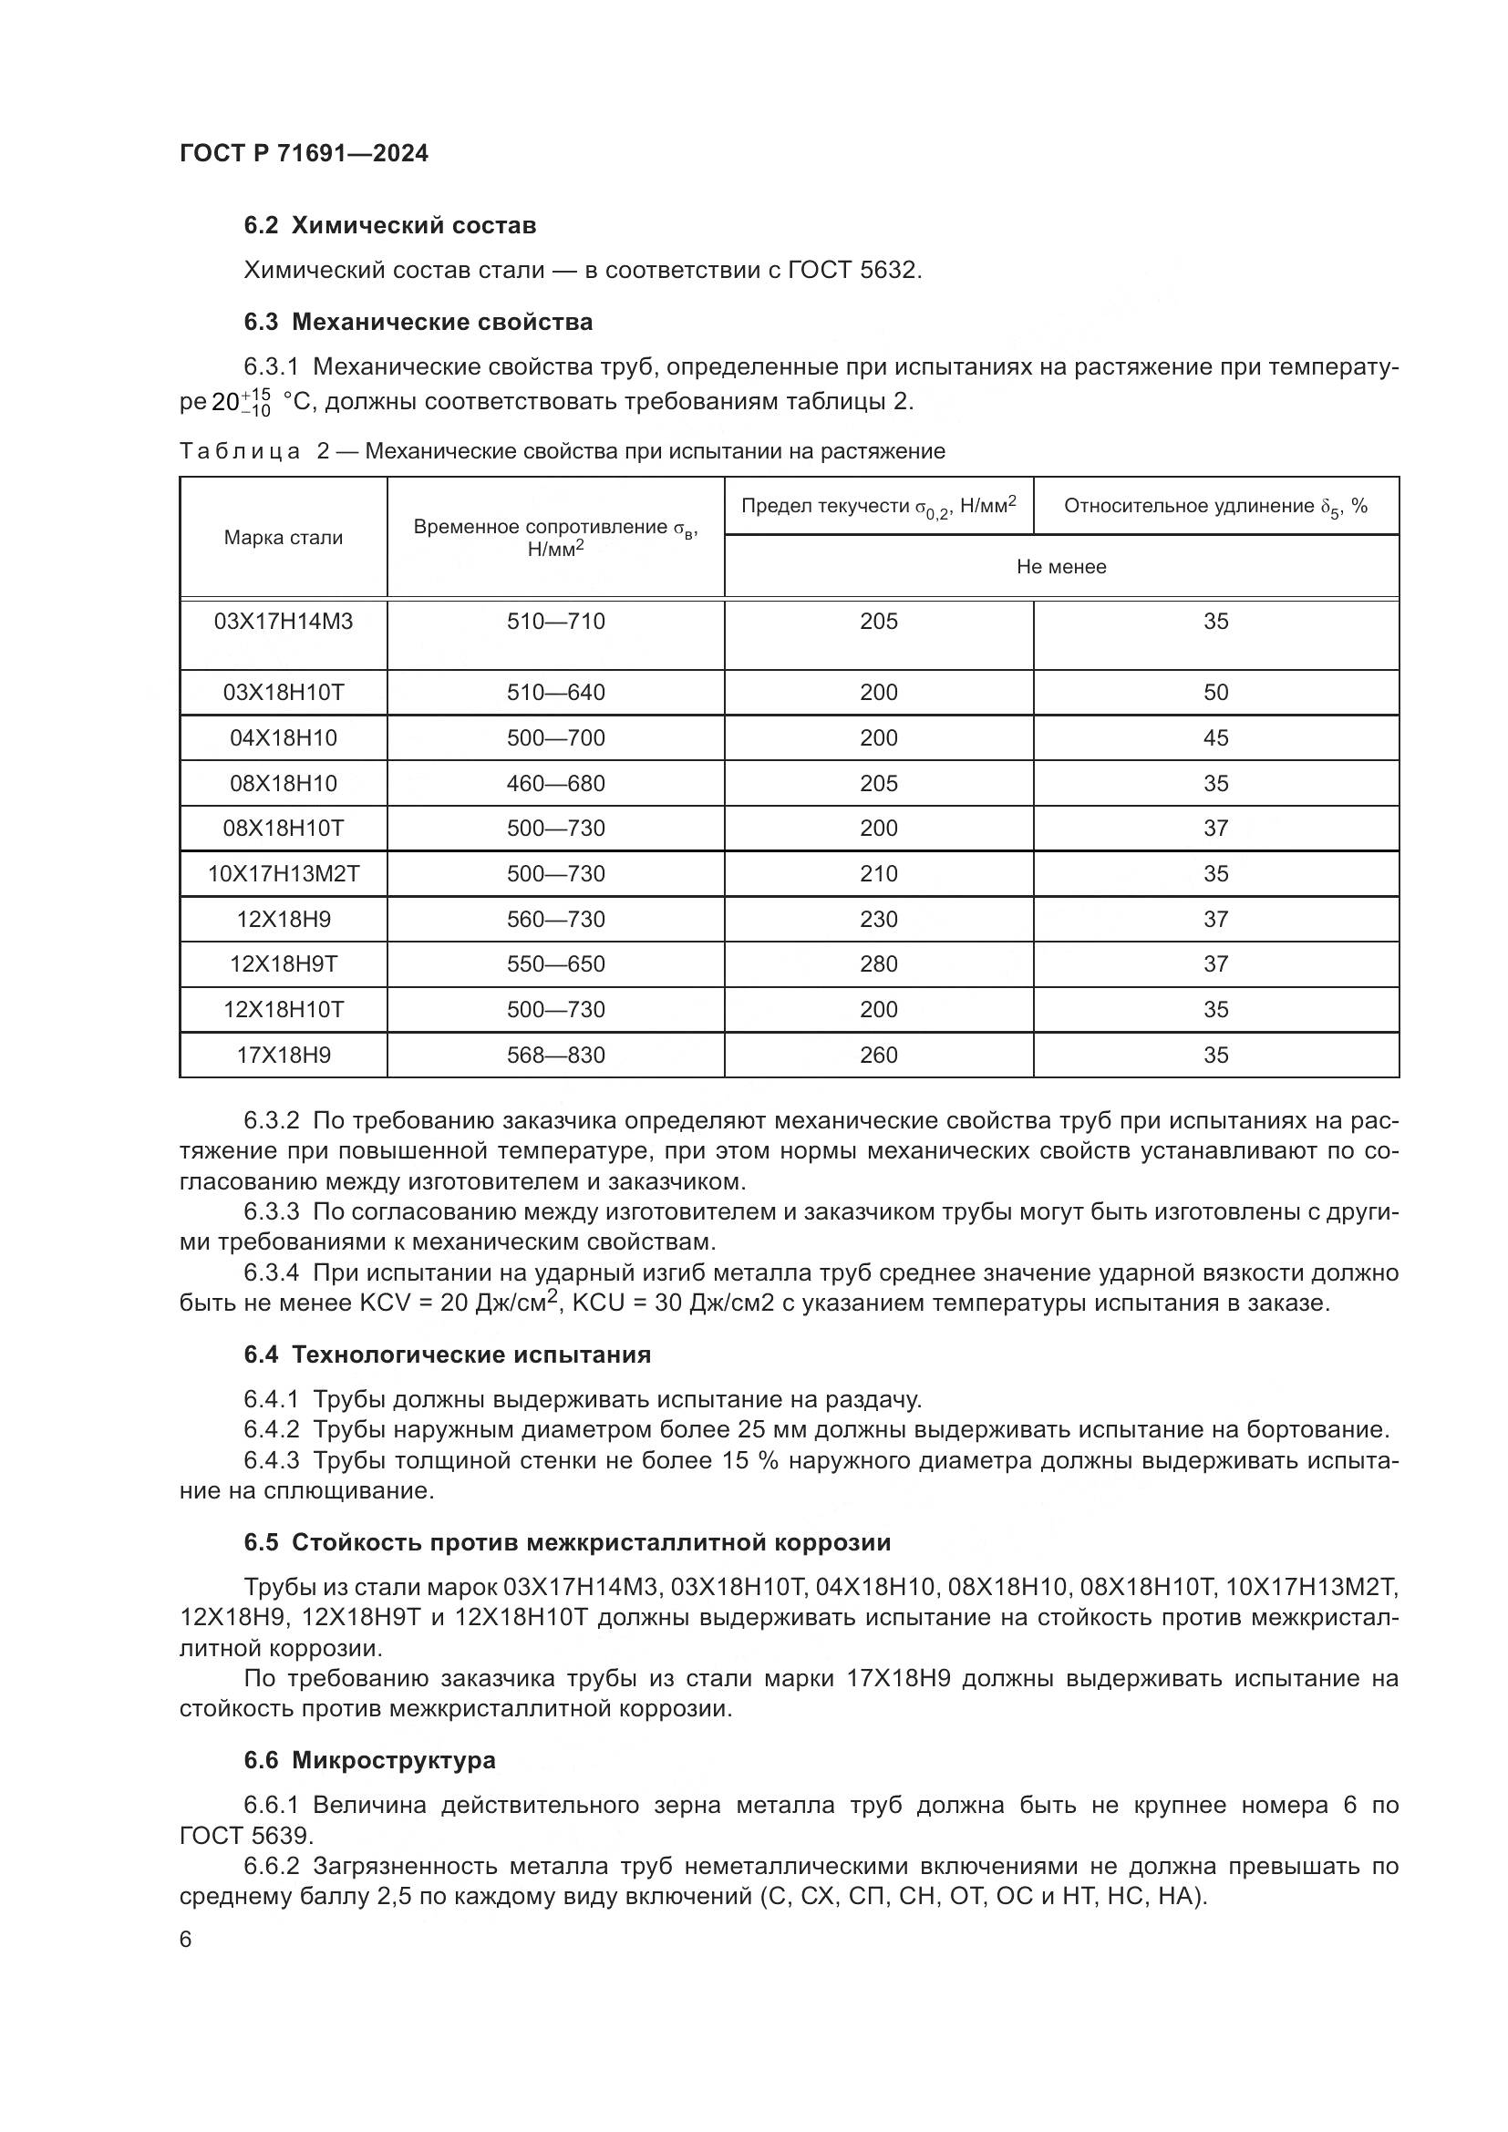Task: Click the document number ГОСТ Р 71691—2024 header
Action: coord(304,153)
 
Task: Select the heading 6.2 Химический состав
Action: coord(390,226)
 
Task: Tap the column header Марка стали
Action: coord(284,538)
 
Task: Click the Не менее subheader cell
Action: coord(1061,566)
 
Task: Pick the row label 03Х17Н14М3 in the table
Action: coord(284,622)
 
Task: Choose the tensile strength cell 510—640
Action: coord(555,693)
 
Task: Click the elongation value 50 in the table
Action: coord(1215,693)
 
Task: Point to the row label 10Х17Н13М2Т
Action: coord(284,874)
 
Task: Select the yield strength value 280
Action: coord(878,963)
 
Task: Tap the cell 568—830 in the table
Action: coord(555,1055)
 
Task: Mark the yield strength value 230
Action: coord(878,920)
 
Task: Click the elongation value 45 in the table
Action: coord(1215,738)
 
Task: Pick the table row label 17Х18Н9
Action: coord(284,1055)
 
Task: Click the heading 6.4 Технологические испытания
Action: coord(447,1354)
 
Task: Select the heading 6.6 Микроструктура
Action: coord(368,1759)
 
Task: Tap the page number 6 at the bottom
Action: coord(186,1939)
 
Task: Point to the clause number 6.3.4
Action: coord(271,1273)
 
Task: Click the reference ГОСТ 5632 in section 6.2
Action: coord(852,270)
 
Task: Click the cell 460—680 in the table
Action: coord(555,784)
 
